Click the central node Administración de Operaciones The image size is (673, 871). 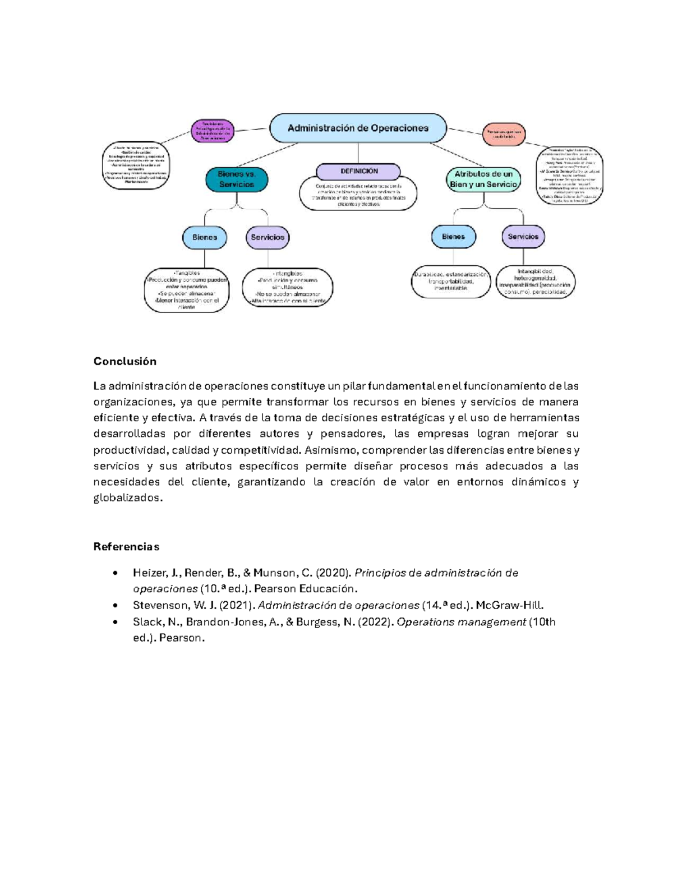[358, 128]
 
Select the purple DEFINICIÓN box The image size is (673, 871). [358, 171]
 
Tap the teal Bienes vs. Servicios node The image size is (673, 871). [236, 179]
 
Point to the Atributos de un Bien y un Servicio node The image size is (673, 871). [483, 179]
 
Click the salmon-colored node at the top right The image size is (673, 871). [504, 133]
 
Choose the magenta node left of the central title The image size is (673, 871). [213, 131]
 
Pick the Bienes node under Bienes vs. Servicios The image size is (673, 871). [205, 237]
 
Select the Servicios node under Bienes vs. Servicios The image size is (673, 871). [268, 237]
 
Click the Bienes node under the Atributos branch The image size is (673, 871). [453, 237]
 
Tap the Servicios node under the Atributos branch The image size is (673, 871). [523, 237]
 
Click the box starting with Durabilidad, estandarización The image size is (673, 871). [451, 281]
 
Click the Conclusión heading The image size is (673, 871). [125, 361]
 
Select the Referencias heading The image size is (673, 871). [126, 547]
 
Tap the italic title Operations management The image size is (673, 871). [461, 621]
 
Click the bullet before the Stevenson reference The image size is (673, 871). [115, 606]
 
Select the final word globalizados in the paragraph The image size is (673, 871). [128, 498]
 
